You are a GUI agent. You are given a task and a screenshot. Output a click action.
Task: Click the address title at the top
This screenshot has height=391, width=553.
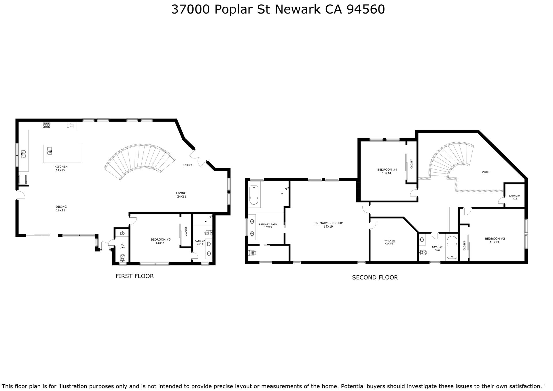point(278,10)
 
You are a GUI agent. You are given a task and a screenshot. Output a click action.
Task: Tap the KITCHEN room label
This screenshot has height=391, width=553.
point(61,167)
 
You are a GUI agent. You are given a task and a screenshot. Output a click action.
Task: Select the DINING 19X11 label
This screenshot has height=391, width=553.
point(61,209)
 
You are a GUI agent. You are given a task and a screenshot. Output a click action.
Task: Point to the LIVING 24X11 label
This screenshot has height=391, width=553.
point(181,195)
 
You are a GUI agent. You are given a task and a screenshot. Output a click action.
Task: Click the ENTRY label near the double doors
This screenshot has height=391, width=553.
point(187,165)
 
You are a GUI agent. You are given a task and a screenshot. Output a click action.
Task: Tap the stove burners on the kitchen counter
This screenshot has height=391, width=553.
point(46,125)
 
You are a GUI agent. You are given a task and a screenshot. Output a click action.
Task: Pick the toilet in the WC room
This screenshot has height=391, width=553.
point(122,257)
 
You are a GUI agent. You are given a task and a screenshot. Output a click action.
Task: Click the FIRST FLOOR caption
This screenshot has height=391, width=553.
point(135,276)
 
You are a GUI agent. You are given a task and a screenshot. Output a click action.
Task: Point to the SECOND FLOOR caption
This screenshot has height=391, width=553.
point(375,277)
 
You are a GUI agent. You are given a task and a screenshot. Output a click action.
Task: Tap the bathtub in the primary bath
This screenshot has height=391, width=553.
point(254,195)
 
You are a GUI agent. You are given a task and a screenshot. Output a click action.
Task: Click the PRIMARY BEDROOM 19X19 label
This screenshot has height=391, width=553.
point(329,225)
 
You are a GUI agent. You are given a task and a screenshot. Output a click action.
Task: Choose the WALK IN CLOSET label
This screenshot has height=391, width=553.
point(390,242)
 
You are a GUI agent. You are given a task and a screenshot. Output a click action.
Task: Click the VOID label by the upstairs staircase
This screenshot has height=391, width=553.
point(486,172)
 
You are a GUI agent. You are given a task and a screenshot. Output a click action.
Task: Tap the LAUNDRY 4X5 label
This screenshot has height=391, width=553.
point(515,197)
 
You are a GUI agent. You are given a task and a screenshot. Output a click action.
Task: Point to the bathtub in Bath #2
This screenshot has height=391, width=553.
point(452,248)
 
